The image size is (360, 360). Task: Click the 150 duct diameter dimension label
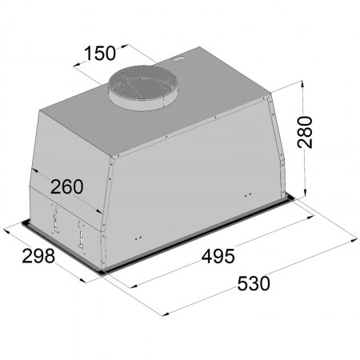pos(100,53)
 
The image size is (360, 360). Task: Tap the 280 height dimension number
pos(305,132)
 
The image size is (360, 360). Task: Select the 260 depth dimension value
pos(66,186)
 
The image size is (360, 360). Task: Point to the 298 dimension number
pos(38,256)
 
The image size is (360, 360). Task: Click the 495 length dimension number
pos(218,257)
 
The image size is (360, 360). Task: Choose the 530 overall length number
pos(254,283)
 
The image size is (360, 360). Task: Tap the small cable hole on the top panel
pos(178,59)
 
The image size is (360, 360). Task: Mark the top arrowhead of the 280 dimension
pos(302,85)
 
